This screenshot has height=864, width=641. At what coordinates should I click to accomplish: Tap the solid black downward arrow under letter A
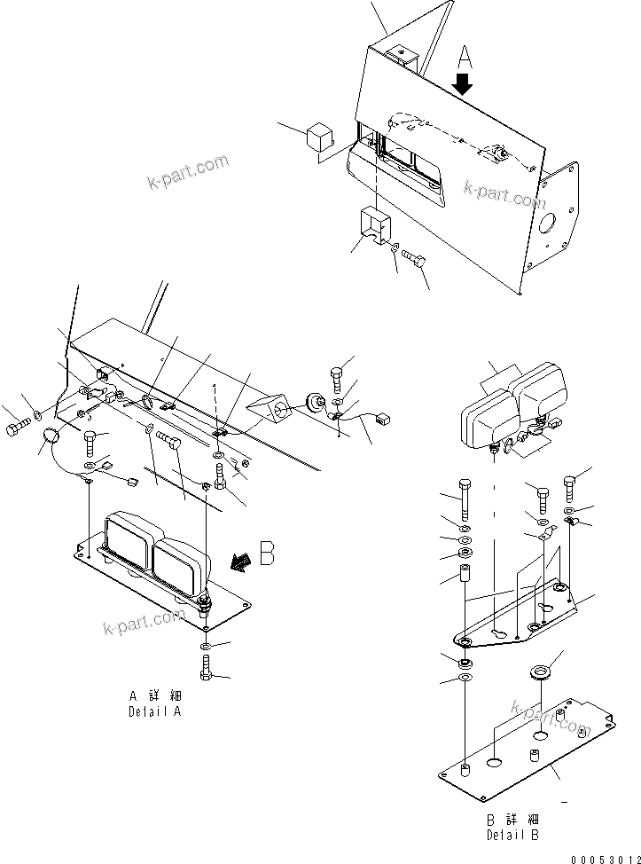[x=463, y=85]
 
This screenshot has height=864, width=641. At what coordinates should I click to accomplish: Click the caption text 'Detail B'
[x=512, y=836]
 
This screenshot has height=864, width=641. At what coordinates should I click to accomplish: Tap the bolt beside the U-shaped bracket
[x=414, y=257]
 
